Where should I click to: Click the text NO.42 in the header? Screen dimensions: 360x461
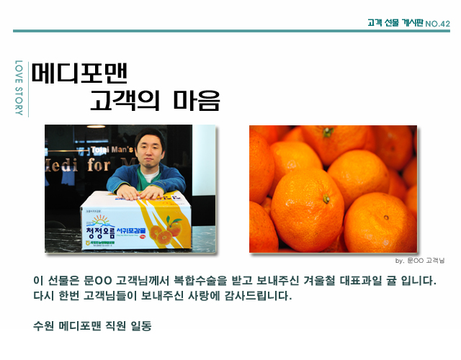tap(438, 24)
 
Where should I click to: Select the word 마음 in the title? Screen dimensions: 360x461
tap(197, 100)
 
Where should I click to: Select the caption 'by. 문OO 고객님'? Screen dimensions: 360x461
tap(421, 260)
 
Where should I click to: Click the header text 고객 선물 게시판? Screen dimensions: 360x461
tap(394, 23)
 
